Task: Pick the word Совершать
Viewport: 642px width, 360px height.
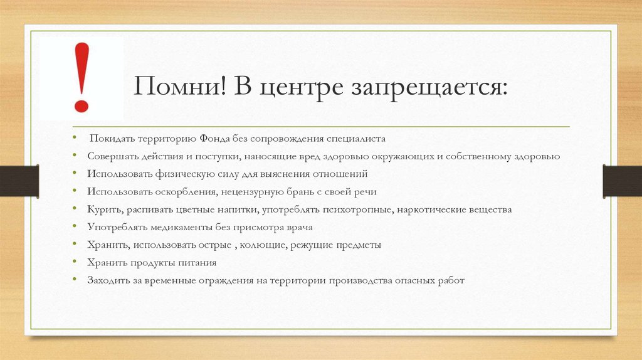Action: pos(110,156)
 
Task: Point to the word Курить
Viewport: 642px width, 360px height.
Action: pos(102,209)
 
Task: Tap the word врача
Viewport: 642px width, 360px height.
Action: pos(298,227)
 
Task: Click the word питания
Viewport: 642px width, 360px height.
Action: pos(197,263)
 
